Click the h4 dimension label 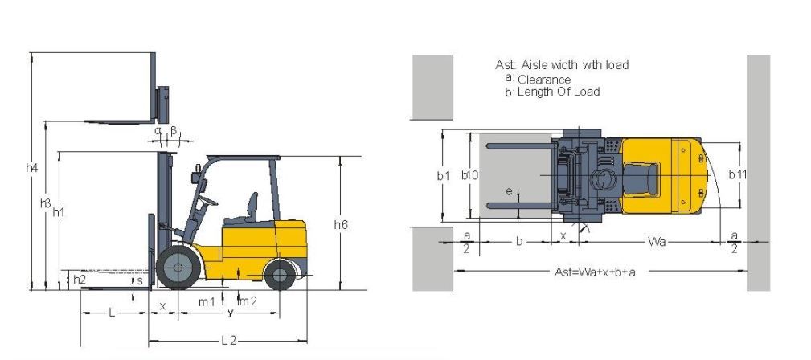click(x=32, y=168)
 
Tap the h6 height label click(x=341, y=224)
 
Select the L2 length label click(x=228, y=341)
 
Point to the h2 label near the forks click(x=79, y=280)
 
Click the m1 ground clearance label click(x=207, y=302)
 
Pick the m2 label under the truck click(x=248, y=301)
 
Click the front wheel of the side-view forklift click(x=178, y=267)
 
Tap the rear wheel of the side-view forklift click(x=280, y=275)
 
